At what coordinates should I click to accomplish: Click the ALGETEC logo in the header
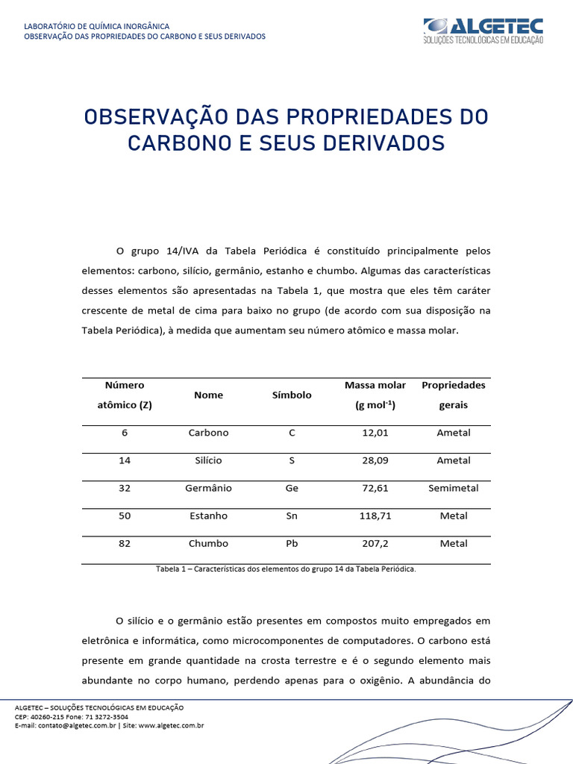click(x=483, y=31)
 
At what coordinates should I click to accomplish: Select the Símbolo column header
click(x=292, y=395)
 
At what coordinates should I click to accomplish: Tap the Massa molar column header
click(x=375, y=386)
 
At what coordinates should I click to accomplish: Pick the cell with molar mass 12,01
click(x=375, y=433)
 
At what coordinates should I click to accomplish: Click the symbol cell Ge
click(x=292, y=488)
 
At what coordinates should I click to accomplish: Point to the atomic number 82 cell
click(x=125, y=543)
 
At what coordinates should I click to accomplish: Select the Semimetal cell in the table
click(x=454, y=488)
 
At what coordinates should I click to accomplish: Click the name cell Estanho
click(x=208, y=516)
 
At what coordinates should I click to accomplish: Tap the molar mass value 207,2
click(x=375, y=543)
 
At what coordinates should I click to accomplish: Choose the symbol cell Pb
click(x=292, y=543)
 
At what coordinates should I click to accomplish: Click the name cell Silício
click(x=208, y=460)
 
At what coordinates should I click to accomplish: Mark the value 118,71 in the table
click(x=375, y=516)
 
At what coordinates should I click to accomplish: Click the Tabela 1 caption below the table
click(x=286, y=569)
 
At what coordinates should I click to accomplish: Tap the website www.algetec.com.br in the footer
click(x=171, y=725)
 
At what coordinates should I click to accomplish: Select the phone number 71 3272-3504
click(x=107, y=716)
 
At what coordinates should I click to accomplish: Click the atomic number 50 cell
click(x=125, y=516)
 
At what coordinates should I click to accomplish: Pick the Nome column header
click(x=208, y=395)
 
